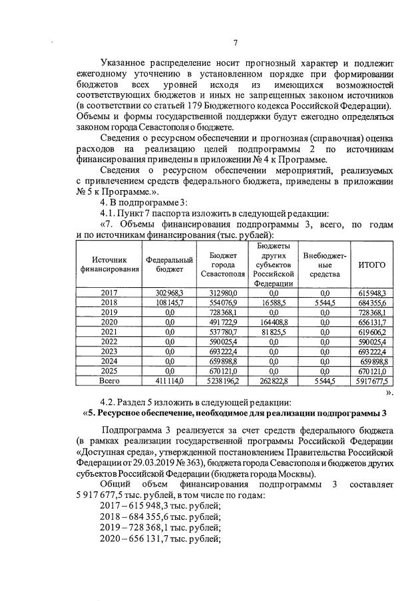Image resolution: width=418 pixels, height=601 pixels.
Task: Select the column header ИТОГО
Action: pyautogui.click(x=372, y=265)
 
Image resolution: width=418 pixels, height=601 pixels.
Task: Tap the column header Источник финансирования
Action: pyautogui.click(x=109, y=265)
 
